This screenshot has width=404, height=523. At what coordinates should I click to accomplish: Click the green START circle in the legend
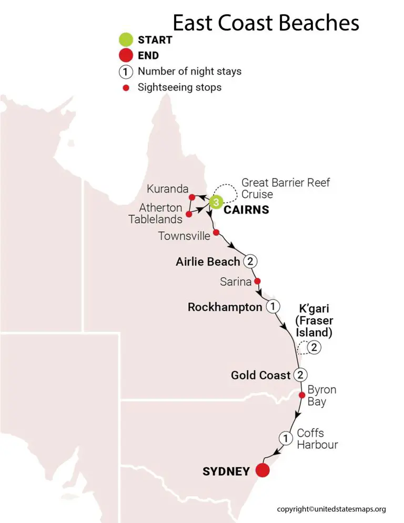coord(126,39)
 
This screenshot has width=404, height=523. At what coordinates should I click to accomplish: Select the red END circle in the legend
coord(126,55)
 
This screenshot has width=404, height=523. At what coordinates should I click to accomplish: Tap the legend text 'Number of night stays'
coord(189,71)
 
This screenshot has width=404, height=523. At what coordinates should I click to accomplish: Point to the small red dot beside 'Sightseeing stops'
coord(126,87)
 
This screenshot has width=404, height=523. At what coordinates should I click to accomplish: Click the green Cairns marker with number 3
coord(216,202)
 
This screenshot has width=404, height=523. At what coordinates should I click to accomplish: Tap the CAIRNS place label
coord(246,210)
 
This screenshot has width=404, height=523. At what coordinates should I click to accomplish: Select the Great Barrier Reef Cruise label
coord(286,188)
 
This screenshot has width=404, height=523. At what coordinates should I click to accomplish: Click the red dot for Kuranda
coord(192,197)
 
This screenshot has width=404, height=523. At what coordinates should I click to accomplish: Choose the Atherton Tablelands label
coord(155,213)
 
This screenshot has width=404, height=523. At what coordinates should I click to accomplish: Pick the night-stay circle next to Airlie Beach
coord(250,261)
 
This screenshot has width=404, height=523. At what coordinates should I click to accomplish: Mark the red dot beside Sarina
coord(257,280)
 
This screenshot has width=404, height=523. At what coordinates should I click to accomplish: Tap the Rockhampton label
coord(225,307)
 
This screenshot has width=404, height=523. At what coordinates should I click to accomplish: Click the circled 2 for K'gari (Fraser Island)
coord(314,347)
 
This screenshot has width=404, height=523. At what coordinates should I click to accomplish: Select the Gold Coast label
coord(260,375)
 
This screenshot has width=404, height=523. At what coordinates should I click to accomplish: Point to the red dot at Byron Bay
coord(302,395)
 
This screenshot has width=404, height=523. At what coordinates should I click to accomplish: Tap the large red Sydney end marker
coord(261,470)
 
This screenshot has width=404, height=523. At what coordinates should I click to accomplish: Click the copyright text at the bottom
coord(331,509)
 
